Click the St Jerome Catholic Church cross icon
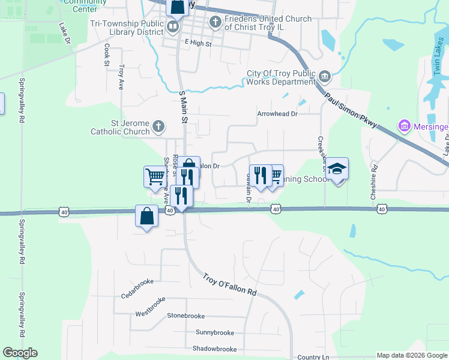[158, 126]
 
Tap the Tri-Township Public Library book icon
[173, 26]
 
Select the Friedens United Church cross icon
[215, 23]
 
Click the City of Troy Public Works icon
[325, 76]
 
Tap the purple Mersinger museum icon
[403, 126]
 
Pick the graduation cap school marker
[337, 169]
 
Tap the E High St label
[199, 44]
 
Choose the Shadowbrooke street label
[214, 349]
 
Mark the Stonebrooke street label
[185, 316]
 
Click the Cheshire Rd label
[373, 182]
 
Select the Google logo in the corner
[20, 353]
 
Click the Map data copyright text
[412, 355]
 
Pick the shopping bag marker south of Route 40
[147, 217]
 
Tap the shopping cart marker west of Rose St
[154, 176]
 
